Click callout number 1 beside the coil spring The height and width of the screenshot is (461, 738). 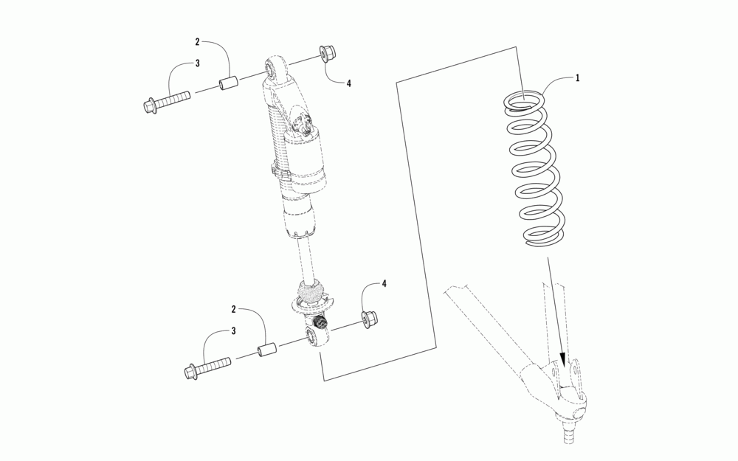(x=578, y=78)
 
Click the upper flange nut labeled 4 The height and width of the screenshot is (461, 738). (x=327, y=54)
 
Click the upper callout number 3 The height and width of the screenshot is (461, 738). (x=198, y=63)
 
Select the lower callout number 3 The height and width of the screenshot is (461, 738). (x=233, y=331)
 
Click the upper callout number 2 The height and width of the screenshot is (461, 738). (x=198, y=42)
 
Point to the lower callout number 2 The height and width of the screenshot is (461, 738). (x=233, y=310)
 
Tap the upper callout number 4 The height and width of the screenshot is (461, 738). (x=349, y=84)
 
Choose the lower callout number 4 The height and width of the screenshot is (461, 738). (x=384, y=284)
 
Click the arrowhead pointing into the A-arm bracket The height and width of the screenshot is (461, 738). (x=562, y=360)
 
